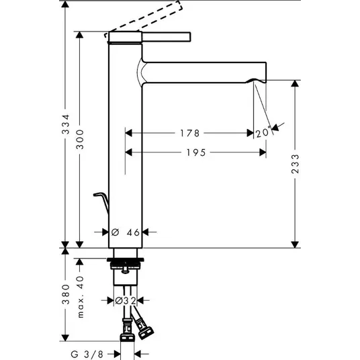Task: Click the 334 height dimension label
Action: tap(66, 124)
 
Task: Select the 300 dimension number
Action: tap(80, 139)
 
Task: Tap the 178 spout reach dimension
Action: tap(189, 133)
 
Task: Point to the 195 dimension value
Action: tap(196, 152)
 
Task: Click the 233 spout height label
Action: tap(296, 164)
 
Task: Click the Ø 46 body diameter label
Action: tap(126, 232)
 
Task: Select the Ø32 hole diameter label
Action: tap(126, 300)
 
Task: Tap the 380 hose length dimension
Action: tap(66, 295)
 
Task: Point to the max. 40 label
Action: tap(81, 297)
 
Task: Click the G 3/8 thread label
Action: tap(87, 354)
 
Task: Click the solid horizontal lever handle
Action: tap(166, 37)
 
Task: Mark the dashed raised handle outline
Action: tap(144, 17)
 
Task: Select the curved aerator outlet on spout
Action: tap(255, 81)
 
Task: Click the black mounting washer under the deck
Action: tap(126, 260)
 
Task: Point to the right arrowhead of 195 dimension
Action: tap(263, 152)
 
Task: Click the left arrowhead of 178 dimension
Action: tap(129, 133)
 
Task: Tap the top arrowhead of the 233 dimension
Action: tap(295, 83)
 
